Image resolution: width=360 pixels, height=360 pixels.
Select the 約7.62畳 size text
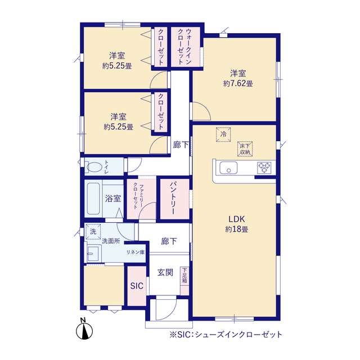237,84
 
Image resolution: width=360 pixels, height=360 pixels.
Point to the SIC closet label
137,286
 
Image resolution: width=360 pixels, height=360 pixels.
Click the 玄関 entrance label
165,273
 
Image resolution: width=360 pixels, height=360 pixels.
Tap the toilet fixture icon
93,167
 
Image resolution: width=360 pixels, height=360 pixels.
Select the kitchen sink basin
229,168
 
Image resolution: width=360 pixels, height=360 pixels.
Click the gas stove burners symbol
264,167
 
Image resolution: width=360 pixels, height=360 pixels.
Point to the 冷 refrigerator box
223,135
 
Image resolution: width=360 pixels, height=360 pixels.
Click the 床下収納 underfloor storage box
244,148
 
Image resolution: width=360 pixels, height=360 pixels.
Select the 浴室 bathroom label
112,198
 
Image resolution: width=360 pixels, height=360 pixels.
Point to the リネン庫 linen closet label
135,251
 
